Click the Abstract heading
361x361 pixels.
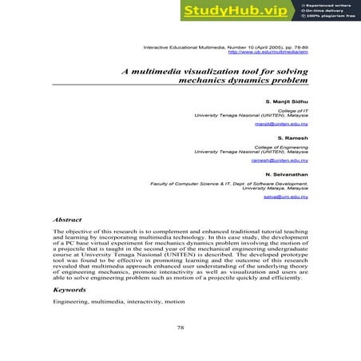tap(67, 217)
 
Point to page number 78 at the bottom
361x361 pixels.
tap(180, 326)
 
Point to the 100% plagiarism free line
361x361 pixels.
tap(331, 16)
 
